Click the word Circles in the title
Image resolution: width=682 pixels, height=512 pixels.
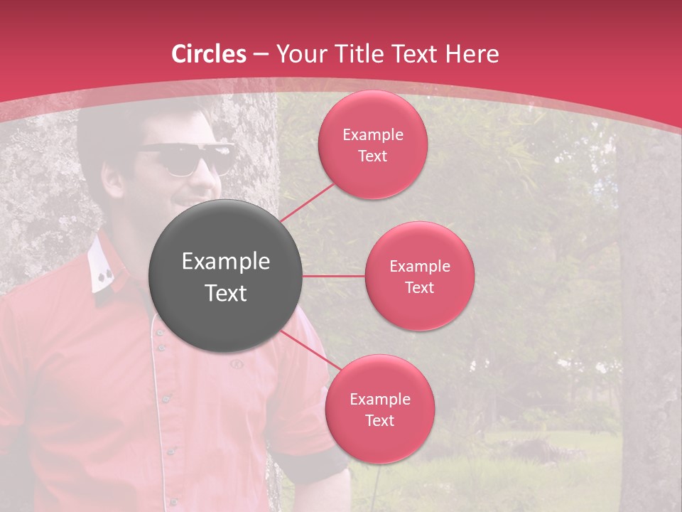point(209,54)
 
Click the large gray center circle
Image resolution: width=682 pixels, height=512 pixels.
point(225,276)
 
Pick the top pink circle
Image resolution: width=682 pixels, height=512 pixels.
point(372,145)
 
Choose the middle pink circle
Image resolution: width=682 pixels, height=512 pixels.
point(419,276)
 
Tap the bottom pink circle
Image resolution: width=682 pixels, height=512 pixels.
point(379,409)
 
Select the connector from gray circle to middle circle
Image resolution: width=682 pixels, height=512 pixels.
point(333,276)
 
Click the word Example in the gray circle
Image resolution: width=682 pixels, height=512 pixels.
point(225,262)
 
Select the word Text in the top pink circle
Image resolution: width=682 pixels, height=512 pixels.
point(372,156)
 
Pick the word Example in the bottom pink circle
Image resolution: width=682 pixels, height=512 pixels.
point(379,399)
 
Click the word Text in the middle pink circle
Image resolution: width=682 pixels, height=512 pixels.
point(419,287)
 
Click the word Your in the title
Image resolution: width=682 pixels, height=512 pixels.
point(298,54)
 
